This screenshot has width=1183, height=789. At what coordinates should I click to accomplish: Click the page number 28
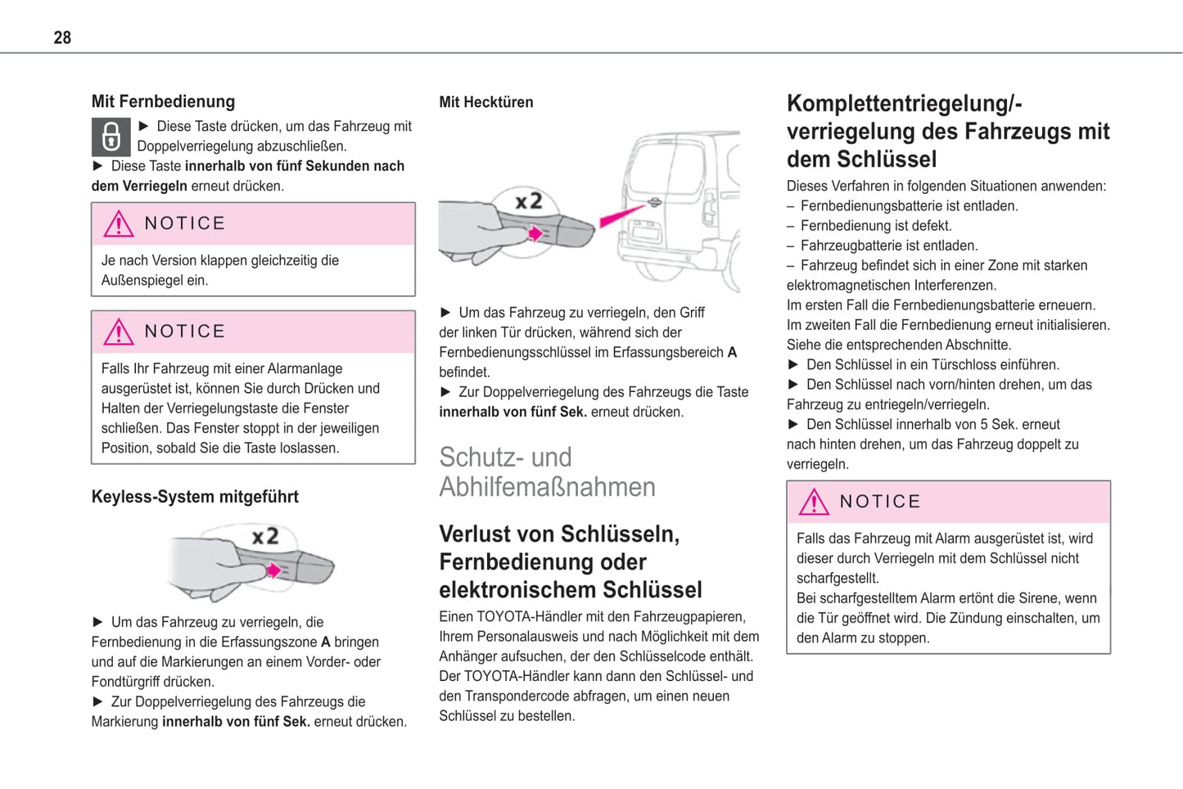tap(62, 38)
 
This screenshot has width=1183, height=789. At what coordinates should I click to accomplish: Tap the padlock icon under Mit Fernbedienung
tap(111, 137)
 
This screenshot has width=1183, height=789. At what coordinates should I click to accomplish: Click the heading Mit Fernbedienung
tap(163, 101)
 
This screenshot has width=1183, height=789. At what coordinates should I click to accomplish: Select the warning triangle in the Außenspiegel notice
tap(119, 223)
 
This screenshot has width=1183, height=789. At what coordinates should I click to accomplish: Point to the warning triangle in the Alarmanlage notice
tap(119, 331)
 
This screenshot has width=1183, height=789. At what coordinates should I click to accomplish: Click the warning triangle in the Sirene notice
tap(814, 502)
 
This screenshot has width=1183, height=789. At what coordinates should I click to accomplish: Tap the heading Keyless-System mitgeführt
tap(195, 497)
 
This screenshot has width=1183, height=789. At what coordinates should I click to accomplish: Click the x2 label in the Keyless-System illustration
tap(264, 537)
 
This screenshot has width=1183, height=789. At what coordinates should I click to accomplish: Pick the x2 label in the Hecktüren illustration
tap(528, 201)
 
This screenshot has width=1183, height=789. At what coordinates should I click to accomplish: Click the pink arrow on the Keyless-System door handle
tap(274, 570)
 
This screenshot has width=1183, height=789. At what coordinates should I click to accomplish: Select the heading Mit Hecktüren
tap(485, 102)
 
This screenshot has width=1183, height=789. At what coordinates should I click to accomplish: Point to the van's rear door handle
tap(654, 201)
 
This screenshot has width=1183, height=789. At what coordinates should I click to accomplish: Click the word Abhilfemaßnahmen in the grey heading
tap(547, 487)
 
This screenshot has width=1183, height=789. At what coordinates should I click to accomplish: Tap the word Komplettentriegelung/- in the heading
tap(904, 104)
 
